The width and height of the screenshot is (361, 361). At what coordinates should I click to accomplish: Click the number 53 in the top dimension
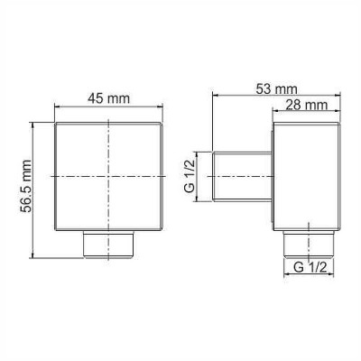pyautogui.click(x=268, y=88)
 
